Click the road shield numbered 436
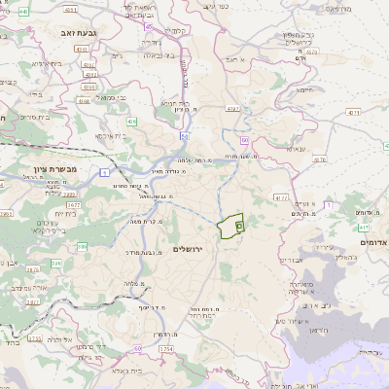[131, 120]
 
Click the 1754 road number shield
[166, 348]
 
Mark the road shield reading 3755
[34, 338]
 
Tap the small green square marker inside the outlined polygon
[239, 225]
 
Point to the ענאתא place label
[294, 149]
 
